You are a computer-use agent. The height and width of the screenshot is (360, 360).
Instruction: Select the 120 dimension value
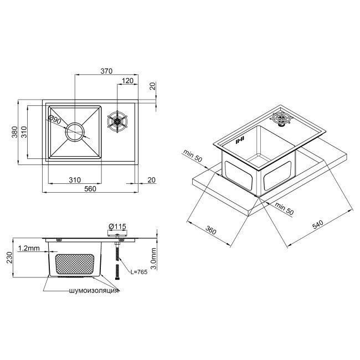click(x=127, y=81)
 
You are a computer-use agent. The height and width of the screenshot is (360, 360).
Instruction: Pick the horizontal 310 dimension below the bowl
click(x=75, y=180)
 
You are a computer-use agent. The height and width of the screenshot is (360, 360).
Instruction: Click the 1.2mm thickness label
click(x=29, y=249)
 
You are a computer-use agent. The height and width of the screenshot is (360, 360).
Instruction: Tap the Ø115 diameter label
click(x=118, y=225)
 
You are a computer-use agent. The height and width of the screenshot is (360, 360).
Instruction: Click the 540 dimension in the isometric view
click(x=318, y=224)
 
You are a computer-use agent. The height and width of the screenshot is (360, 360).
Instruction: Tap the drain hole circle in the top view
click(x=75, y=132)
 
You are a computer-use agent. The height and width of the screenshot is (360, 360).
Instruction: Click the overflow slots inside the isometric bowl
click(x=239, y=141)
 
